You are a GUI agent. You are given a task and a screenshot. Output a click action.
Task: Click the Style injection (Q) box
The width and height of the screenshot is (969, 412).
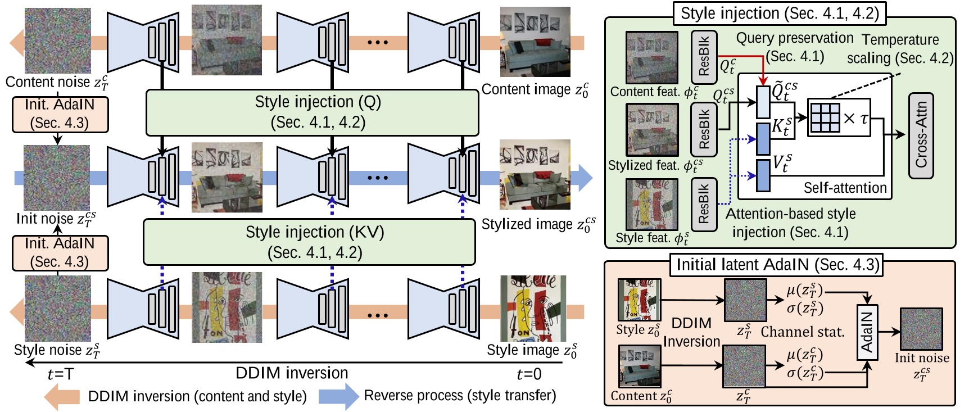(313, 112)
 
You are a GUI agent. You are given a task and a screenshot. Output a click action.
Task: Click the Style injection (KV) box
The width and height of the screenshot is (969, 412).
(310, 242)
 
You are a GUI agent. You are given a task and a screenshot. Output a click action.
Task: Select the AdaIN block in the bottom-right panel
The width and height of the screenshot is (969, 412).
(867, 332)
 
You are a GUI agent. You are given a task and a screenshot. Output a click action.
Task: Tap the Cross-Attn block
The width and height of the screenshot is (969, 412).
(921, 135)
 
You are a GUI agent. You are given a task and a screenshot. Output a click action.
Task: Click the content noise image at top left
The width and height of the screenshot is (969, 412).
(57, 40)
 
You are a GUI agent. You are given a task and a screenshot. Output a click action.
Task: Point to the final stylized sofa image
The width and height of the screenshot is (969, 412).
(534, 175)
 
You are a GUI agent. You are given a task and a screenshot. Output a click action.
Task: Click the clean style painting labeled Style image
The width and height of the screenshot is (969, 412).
(533, 308)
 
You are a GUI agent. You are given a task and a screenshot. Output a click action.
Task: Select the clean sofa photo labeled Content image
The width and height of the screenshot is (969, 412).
(535, 43)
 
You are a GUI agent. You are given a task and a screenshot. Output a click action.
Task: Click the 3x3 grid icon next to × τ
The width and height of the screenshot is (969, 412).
(825, 118)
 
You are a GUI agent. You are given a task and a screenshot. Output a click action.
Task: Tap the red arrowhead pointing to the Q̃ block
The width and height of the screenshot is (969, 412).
(763, 81)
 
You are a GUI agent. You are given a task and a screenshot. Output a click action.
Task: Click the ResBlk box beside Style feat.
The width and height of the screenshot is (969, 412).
(704, 205)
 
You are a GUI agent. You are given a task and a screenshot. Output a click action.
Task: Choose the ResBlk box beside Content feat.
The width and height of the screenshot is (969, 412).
(704, 57)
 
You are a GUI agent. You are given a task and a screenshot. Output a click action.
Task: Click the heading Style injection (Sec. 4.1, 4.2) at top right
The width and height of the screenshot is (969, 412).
(779, 13)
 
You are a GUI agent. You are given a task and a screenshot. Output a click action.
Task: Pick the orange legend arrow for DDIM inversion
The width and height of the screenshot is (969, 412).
(62, 396)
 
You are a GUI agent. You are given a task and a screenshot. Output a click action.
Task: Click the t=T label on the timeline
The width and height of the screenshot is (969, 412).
(60, 374)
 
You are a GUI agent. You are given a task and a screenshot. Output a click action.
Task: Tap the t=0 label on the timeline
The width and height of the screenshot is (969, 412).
(528, 374)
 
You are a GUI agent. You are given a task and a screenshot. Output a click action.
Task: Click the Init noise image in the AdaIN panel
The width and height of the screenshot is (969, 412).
(921, 329)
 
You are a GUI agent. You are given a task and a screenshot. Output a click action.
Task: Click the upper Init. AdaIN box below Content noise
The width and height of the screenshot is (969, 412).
(60, 114)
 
